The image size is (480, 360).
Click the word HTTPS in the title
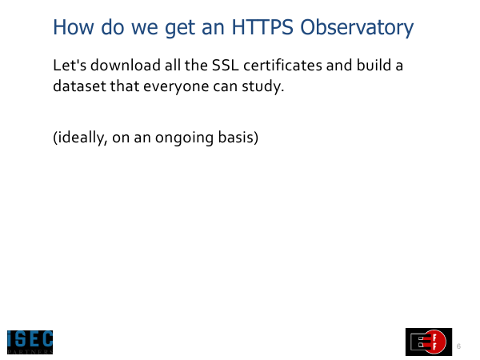[262, 27]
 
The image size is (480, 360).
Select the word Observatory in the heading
[357, 28]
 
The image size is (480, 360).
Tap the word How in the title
[73, 27]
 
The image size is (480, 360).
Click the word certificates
[283, 65]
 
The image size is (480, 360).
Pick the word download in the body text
[126, 65]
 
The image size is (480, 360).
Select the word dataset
[79, 86]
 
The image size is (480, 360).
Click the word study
[263, 86]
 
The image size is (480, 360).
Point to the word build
[374, 65]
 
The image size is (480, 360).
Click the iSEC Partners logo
[30, 342]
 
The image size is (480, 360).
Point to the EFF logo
[429, 342]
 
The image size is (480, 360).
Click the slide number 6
[458, 346]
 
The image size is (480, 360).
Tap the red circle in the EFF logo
[435, 342]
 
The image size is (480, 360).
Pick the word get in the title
[179, 29]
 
